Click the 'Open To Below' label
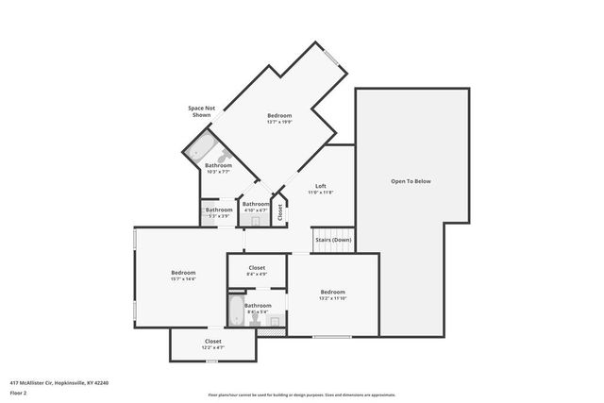[411, 181]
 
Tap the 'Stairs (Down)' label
[333, 240]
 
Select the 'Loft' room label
[320, 186]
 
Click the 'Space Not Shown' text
[201, 111]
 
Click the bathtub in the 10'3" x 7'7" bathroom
[199, 148]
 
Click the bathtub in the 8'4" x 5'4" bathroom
[235, 313]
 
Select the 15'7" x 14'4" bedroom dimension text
[183, 279]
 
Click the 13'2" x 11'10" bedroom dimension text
[332, 298]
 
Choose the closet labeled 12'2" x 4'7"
[213, 344]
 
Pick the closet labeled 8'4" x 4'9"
[257, 272]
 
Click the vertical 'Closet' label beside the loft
[280, 211]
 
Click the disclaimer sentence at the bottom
[302, 395]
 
